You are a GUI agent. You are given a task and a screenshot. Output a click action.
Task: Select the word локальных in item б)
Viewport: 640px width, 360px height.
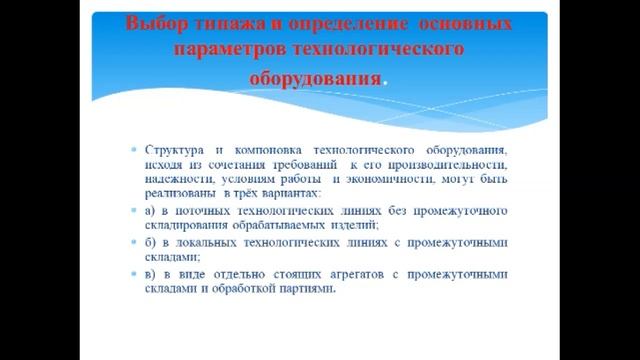pos(206,242)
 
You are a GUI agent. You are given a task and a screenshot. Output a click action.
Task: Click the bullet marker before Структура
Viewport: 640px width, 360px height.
pos(134,148)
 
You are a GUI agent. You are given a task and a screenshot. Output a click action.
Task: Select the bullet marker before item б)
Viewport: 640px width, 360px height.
pos(134,242)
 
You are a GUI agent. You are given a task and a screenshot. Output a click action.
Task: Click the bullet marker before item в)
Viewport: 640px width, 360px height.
pos(134,274)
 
